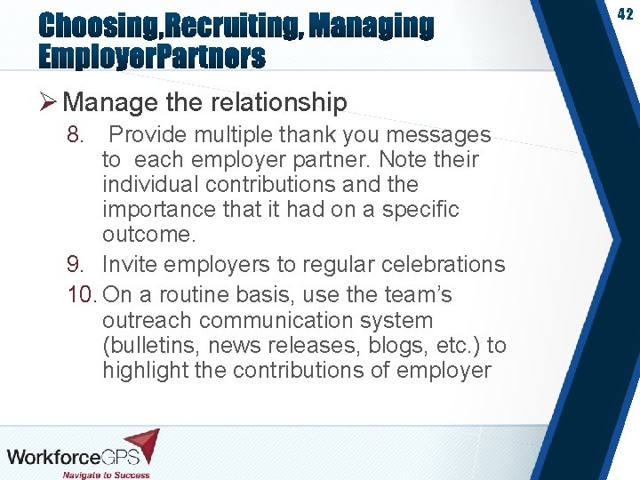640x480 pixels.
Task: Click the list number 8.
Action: click(x=76, y=135)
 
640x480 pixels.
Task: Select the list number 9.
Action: click(x=76, y=265)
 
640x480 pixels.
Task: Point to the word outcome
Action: click(x=146, y=235)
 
